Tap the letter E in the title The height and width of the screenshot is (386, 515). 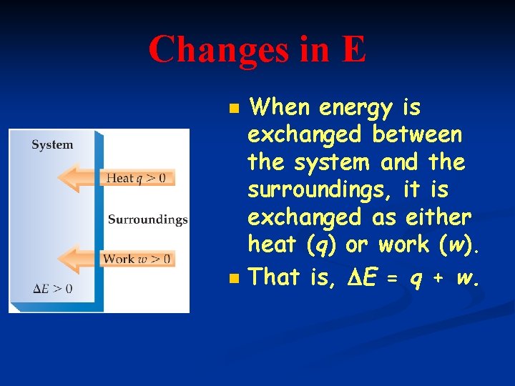353,50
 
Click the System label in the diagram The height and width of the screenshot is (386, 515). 52,144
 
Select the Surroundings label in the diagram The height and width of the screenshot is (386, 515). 147,219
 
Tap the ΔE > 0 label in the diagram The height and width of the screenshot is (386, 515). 52,289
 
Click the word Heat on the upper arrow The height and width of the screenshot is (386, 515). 119,178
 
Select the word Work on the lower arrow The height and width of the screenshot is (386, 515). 118,258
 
